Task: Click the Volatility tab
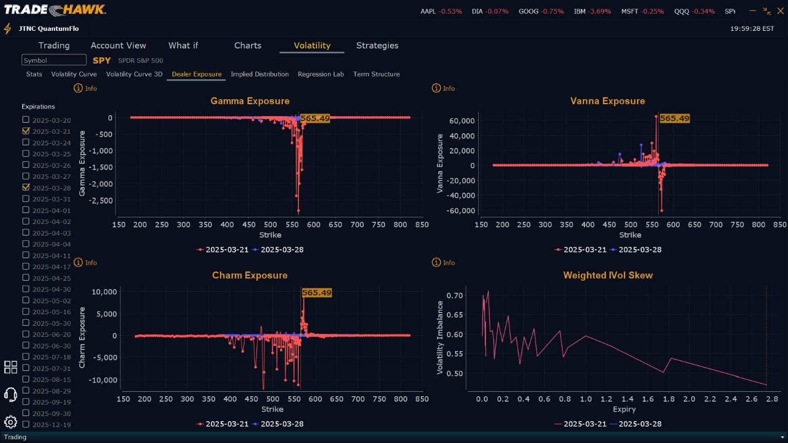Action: pos(311,46)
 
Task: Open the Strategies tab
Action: pos(377,46)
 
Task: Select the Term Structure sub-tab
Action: pos(376,74)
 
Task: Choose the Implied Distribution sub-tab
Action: pos(260,74)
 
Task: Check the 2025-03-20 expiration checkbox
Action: pos(26,120)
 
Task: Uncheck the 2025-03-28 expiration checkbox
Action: pos(26,188)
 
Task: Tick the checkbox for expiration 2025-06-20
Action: pos(26,335)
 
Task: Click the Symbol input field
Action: pos(54,61)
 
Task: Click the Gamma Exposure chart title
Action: pos(250,101)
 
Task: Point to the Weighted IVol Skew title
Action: pos(608,276)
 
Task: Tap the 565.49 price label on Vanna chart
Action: pos(674,118)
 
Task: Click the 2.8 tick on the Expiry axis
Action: pos(773,398)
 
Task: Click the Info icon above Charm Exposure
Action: pos(79,262)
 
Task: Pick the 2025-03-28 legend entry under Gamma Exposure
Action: pos(277,250)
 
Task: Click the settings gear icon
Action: pos(10,422)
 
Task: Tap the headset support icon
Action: pos(10,394)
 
